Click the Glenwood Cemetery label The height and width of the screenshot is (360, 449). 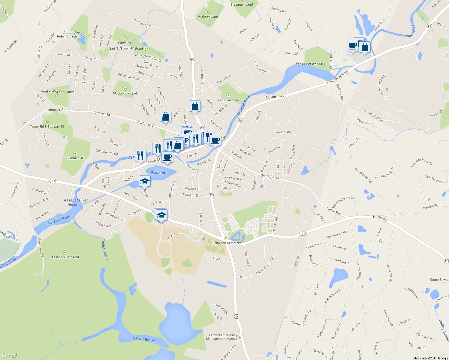tap(226, 243)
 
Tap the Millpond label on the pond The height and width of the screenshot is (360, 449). tap(157, 172)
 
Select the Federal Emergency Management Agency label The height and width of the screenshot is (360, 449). tap(221, 337)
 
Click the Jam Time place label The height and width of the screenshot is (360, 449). tap(276, 97)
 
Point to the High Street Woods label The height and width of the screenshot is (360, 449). tap(308, 64)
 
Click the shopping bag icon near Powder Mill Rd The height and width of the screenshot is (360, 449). tap(365, 47)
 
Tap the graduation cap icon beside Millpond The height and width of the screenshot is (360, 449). tap(145, 181)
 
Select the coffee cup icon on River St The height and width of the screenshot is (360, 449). tap(167, 157)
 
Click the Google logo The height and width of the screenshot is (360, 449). tap(11, 355)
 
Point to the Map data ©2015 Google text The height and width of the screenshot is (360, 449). tap(430, 358)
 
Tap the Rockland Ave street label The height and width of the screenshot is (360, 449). tap(143, 23)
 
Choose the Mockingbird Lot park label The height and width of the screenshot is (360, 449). tap(125, 93)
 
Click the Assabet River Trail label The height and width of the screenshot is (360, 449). tap(65, 257)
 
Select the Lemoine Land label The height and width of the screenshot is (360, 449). tap(228, 100)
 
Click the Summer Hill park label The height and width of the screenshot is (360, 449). tap(75, 158)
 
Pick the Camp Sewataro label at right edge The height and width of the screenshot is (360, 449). tap(439, 280)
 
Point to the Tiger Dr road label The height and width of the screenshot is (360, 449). tap(173, 236)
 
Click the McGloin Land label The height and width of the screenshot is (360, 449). tap(208, 16)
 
